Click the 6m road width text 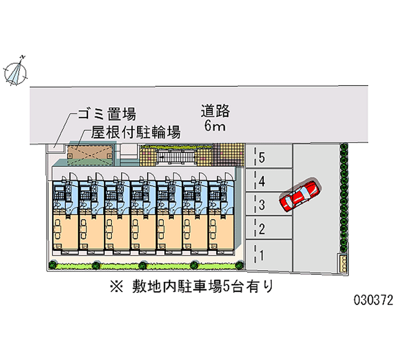click(x=215, y=126)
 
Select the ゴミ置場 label click(x=106, y=115)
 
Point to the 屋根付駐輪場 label click(x=135, y=132)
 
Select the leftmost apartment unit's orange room click(x=64, y=230)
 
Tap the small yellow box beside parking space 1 click(x=342, y=262)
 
